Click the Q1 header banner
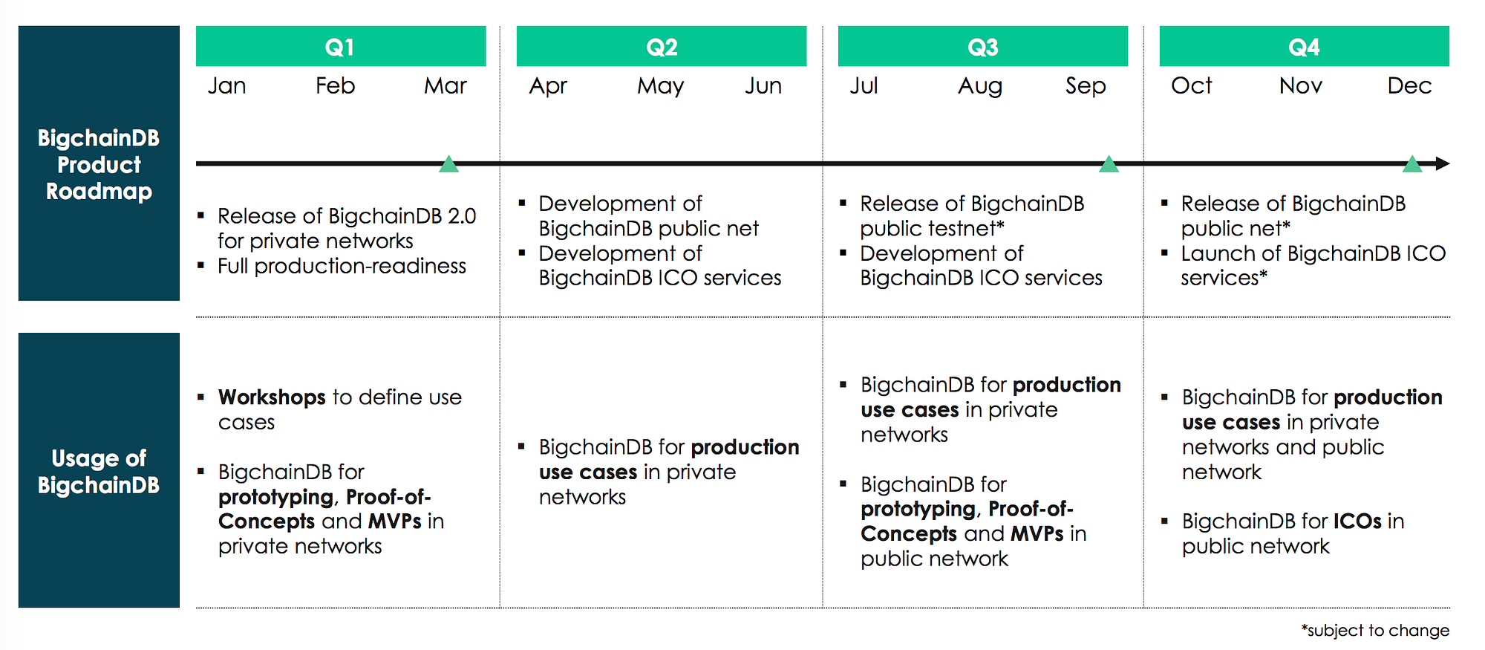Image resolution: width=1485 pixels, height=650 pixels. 341,47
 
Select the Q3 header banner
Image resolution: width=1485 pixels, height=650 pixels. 982,47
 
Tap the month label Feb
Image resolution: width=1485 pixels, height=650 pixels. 335,86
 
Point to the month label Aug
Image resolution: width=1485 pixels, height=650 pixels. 979,87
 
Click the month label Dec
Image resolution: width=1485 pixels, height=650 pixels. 1409,86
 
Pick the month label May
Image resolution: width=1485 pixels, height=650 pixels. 660,87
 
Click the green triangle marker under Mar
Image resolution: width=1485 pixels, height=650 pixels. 448,165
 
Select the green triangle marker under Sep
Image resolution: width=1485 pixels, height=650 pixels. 1108,165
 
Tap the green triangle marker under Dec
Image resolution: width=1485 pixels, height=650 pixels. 1411,165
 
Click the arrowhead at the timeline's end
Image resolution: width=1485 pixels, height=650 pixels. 1442,163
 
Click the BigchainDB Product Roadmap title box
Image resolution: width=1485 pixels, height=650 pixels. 99,163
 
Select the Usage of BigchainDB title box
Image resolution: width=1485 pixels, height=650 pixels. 99,470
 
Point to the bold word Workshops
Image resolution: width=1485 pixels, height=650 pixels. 272,397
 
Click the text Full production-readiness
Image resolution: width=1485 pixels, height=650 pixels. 342,266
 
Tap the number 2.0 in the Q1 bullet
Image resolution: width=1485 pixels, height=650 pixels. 462,216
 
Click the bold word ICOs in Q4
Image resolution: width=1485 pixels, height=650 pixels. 1357,521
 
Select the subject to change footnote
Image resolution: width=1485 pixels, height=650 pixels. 1374,631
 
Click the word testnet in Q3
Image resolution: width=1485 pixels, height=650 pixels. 962,229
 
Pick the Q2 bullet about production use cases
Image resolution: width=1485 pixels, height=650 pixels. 668,472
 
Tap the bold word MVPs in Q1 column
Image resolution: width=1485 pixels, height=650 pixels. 394,521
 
